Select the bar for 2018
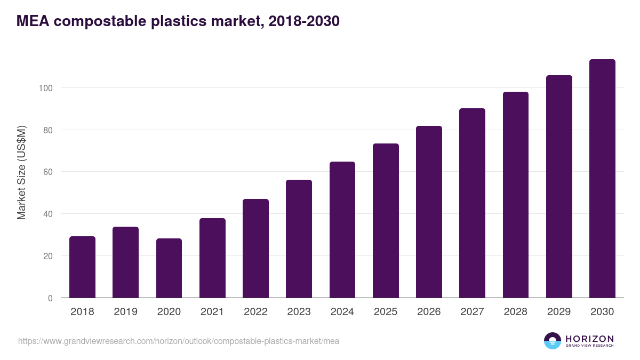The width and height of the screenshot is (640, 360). [x=82, y=267]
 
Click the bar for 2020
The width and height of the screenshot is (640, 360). [x=169, y=268]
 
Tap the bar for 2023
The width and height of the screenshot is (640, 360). [x=299, y=239]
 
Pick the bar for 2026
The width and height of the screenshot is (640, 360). [x=429, y=212]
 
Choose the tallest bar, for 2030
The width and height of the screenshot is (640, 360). [x=602, y=179]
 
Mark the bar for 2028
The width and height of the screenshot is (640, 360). [x=516, y=195]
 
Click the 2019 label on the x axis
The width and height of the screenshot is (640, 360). [x=125, y=312]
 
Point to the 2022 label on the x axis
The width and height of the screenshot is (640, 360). [x=255, y=312]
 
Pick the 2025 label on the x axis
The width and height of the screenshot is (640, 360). [x=386, y=312]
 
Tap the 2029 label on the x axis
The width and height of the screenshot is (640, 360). [x=559, y=312]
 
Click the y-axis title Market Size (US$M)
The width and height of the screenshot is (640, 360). [x=21, y=172]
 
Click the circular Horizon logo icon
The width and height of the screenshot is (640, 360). [x=553, y=341]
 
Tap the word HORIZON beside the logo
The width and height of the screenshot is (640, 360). [x=589, y=339]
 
